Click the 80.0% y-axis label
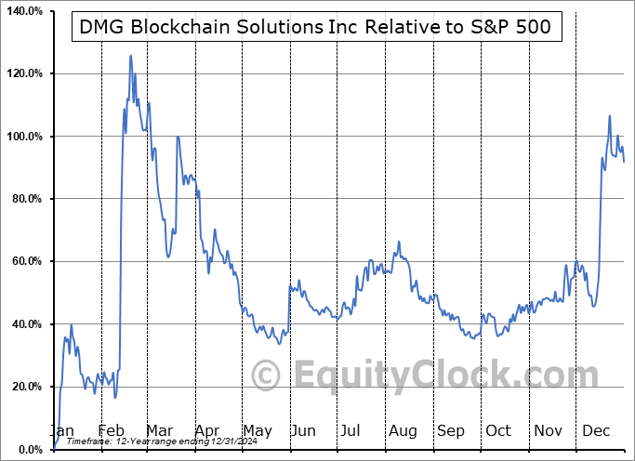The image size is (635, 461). pyautogui.click(x=25, y=199)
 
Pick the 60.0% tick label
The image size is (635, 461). pyautogui.click(x=25, y=261)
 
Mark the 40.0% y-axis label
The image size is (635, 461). pyautogui.click(x=25, y=324)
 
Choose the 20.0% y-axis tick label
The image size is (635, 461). pyautogui.click(x=25, y=387)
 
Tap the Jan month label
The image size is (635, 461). pyautogui.click(x=63, y=431)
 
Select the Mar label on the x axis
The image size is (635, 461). pyautogui.click(x=160, y=431)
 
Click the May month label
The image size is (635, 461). pyautogui.click(x=257, y=431)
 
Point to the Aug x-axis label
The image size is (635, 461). pyautogui.click(x=403, y=431)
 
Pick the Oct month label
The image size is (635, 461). pyautogui.click(x=498, y=431)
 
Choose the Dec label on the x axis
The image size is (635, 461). pyautogui.click(x=595, y=431)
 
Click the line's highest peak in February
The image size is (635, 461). pyautogui.click(x=130, y=56)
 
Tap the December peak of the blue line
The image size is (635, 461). pyautogui.click(x=610, y=116)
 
